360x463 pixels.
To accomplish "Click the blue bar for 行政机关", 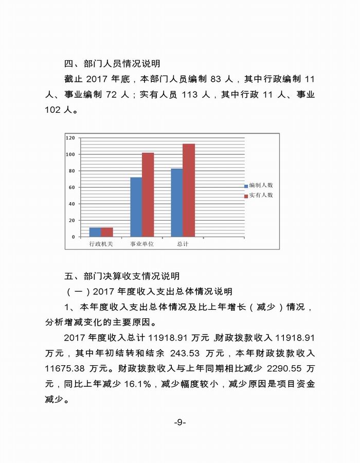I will pyautogui.click(x=95, y=232).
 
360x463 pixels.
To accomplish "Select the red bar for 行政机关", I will pyautogui.click(x=106, y=232).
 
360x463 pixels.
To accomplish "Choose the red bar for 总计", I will pyautogui.click(x=189, y=190).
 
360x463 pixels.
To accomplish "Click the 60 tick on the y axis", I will pyautogui.click(x=72, y=187).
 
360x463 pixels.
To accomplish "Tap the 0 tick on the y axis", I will pyautogui.click(x=74, y=237).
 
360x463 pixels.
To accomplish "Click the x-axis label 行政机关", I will pyautogui.click(x=101, y=244).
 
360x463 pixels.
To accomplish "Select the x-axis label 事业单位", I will pyautogui.click(x=142, y=244).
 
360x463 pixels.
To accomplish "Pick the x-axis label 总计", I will pyautogui.click(x=183, y=244).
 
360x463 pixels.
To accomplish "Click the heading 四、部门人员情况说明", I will pyautogui.click(x=112, y=64).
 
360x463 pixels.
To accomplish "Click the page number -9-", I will pyautogui.click(x=179, y=422).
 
